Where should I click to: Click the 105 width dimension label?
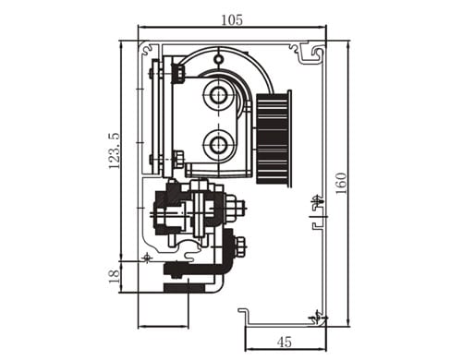231,19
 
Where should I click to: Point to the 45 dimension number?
285,342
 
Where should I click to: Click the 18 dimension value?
114,276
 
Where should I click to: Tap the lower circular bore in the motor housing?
220,143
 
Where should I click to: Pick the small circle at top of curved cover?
218,60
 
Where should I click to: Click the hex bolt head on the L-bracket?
239,246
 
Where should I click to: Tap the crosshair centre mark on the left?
147,256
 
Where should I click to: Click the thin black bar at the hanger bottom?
190,287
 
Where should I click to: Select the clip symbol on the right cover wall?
315,200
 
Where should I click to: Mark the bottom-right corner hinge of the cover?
319,318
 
